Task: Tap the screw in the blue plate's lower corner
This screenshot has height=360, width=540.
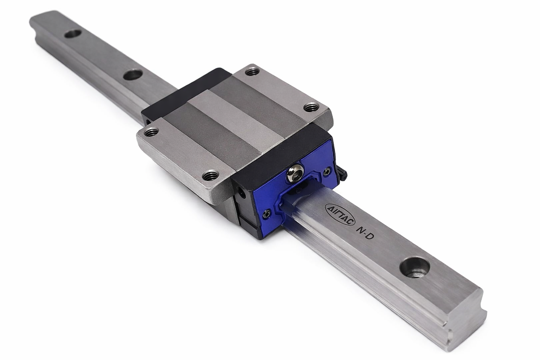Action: (x=266, y=214)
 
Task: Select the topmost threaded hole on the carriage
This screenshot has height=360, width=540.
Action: (x=252, y=72)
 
